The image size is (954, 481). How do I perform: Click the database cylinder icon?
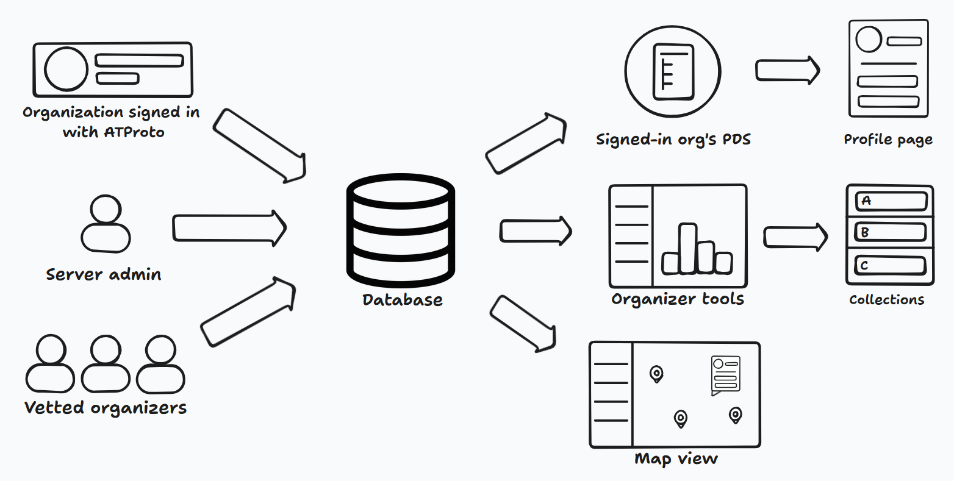[400, 230]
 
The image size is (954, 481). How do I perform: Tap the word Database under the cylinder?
[403, 300]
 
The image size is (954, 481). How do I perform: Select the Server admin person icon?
[106, 224]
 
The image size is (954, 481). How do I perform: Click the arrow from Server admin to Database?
[229, 228]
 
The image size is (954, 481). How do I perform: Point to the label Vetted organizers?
[105, 408]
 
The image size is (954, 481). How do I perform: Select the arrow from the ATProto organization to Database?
[260, 146]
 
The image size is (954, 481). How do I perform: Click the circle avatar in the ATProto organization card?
[66, 69]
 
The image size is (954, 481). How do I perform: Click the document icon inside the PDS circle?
[673, 71]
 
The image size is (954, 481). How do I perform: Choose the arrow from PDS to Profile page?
[787, 70]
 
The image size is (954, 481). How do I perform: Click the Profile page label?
[888, 140]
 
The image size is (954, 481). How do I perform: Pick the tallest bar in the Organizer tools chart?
[687, 248]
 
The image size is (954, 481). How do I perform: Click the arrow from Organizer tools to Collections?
[795, 237]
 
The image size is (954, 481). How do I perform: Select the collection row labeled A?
[891, 201]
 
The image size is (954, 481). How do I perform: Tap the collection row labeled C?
[890, 266]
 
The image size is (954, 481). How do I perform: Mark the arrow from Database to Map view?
[523, 324]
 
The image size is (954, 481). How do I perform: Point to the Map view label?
[676, 459]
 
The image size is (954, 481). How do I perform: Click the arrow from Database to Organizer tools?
[536, 231]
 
